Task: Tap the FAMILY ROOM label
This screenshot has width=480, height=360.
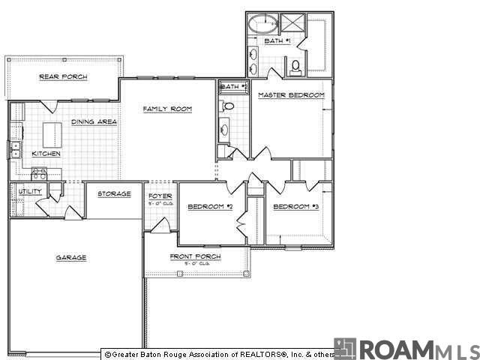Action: [x=168, y=109]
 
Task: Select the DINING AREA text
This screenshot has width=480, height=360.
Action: [x=94, y=122]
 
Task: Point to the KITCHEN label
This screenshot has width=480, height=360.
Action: [x=46, y=154]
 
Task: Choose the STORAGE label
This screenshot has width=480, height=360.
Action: [x=115, y=194]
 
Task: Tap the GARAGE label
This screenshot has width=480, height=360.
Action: [x=71, y=258]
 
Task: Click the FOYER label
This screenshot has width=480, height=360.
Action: [x=160, y=196]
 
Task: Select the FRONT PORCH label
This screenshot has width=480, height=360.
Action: [x=195, y=257]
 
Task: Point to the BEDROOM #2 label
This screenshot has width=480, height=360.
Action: [x=211, y=207]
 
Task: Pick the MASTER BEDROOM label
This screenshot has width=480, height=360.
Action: [x=291, y=95]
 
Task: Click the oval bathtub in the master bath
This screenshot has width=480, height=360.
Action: [x=263, y=22]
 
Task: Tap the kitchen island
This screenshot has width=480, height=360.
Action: [x=52, y=134]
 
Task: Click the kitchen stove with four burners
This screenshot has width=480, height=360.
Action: [x=39, y=173]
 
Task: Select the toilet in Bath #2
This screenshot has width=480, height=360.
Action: [x=229, y=106]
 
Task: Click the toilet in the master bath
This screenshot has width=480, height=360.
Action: [x=296, y=67]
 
